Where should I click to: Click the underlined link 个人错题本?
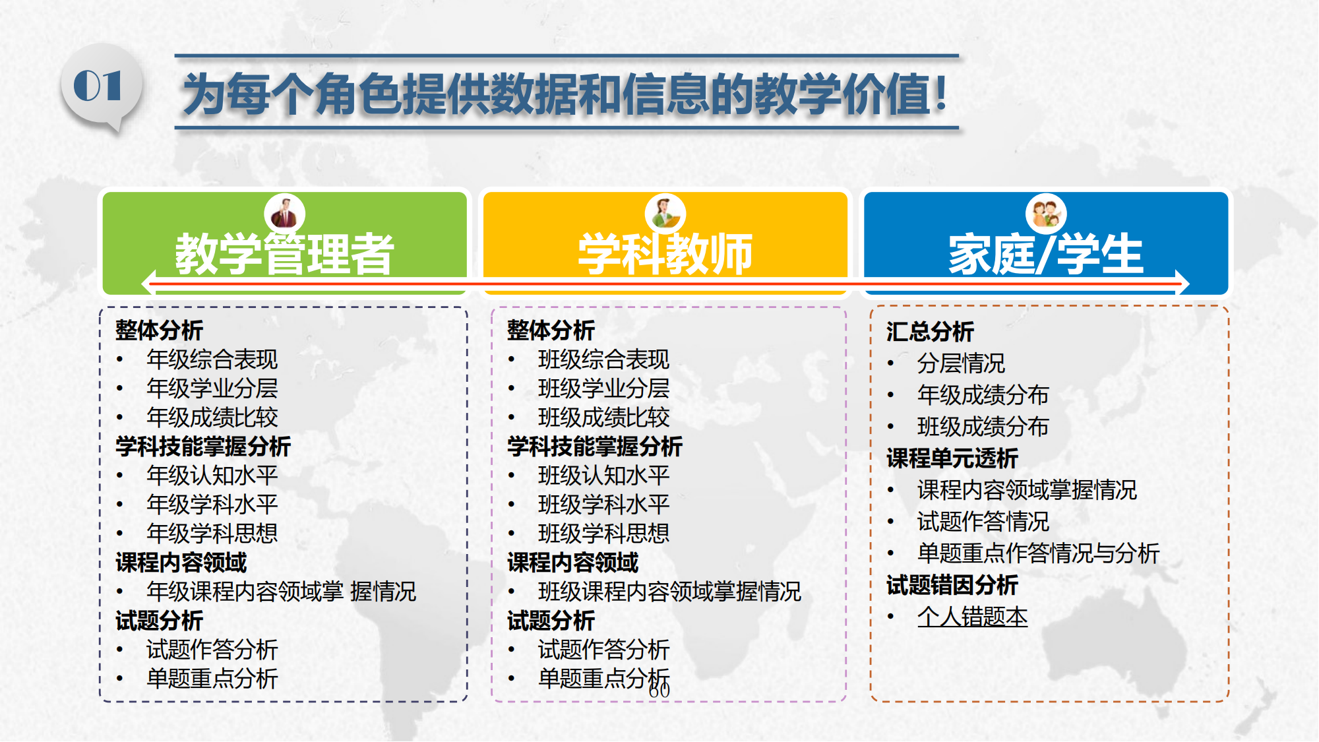click(972, 617)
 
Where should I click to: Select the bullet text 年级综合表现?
click(212, 359)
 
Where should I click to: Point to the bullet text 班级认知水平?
click(603, 476)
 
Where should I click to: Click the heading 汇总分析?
click(930, 332)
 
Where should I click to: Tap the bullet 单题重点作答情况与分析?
click(1038, 553)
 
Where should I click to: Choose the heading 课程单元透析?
click(952, 458)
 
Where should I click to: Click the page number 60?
click(659, 691)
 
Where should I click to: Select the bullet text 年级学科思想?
click(212, 534)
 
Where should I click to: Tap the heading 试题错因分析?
click(952, 585)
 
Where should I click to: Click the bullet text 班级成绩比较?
click(603, 417)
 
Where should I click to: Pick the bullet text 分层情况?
click(961, 363)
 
